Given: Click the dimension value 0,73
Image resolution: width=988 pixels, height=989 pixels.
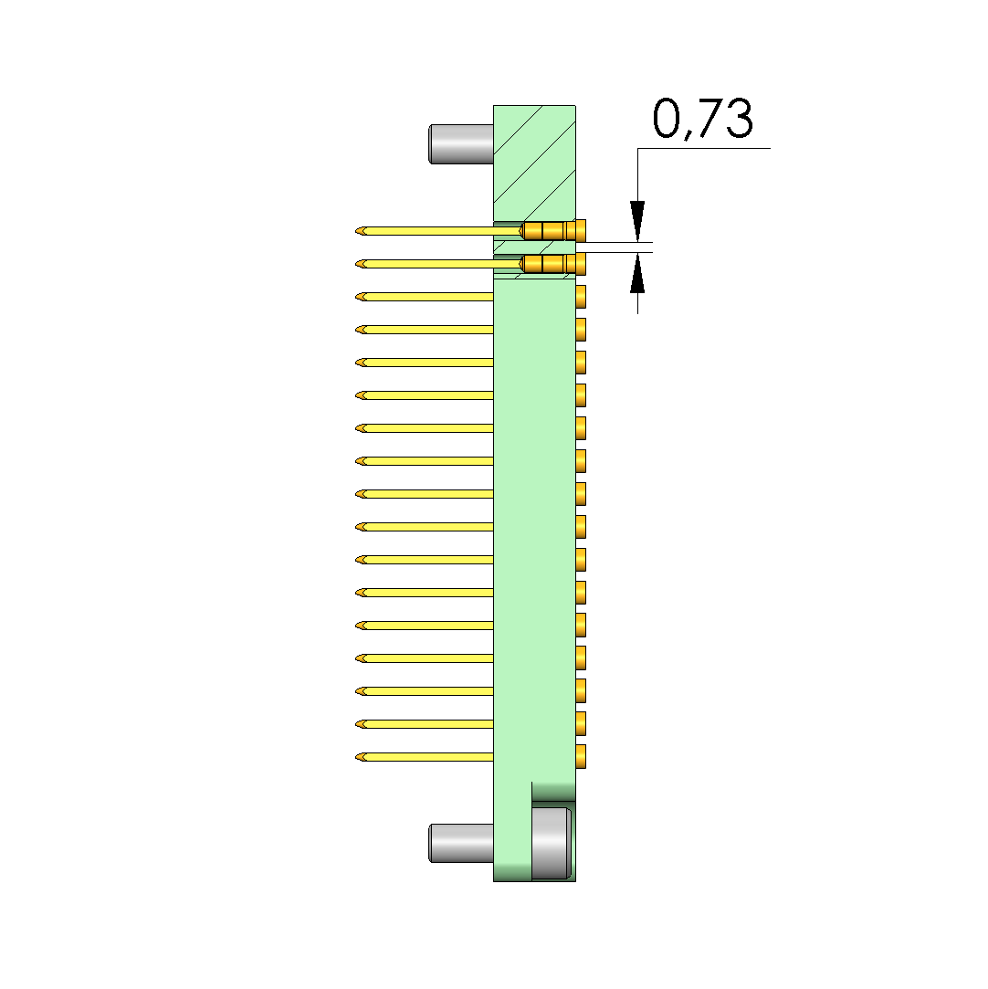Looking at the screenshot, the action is coord(702,119).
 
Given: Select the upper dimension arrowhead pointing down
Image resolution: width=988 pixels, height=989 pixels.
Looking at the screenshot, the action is coord(637,221).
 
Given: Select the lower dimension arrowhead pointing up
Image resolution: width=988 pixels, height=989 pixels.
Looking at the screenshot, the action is coord(637,273).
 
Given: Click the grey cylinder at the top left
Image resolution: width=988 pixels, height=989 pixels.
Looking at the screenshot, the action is coord(461,144).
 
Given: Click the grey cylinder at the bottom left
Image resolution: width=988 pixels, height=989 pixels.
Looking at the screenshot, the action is coord(461,843).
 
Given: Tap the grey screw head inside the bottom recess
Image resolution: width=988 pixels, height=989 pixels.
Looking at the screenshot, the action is coord(551,843).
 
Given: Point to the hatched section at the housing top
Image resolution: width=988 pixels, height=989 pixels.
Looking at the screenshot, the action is coord(534,163).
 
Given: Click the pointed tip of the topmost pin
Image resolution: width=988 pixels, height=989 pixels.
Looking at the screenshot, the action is coord(356,231).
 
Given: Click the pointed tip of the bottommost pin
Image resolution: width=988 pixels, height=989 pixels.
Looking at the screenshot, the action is coord(356,757).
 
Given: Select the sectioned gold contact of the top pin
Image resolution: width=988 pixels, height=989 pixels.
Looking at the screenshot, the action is coord(552,231).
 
